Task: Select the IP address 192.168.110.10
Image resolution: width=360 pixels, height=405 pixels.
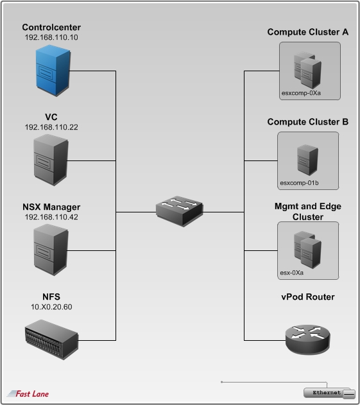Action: (x=51, y=38)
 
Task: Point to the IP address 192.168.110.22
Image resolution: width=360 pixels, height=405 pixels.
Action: (x=51, y=127)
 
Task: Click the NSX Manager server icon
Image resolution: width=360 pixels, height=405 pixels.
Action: (x=51, y=247)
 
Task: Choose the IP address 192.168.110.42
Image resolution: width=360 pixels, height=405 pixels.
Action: (x=51, y=216)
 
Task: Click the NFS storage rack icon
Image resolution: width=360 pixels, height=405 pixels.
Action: (x=51, y=335)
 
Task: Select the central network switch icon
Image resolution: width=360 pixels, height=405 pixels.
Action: (x=180, y=211)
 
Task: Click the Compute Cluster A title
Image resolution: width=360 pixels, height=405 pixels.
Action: (x=307, y=32)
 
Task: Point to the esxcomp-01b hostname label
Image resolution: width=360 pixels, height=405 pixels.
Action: (x=300, y=183)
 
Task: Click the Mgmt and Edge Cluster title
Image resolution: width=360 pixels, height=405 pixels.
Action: (x=307, y=212)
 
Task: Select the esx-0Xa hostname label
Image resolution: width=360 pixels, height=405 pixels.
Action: (x=292, y=272)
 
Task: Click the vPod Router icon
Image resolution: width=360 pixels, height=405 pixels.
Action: (x=307, y=338)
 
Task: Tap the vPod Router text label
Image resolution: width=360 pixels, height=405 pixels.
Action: (x=307, y=297)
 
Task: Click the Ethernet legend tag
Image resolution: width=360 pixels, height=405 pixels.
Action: (x=327, y=392)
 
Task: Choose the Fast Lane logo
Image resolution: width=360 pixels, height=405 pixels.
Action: (x=28, y=393)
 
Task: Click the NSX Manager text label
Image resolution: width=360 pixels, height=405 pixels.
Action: (x=51, y=207)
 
